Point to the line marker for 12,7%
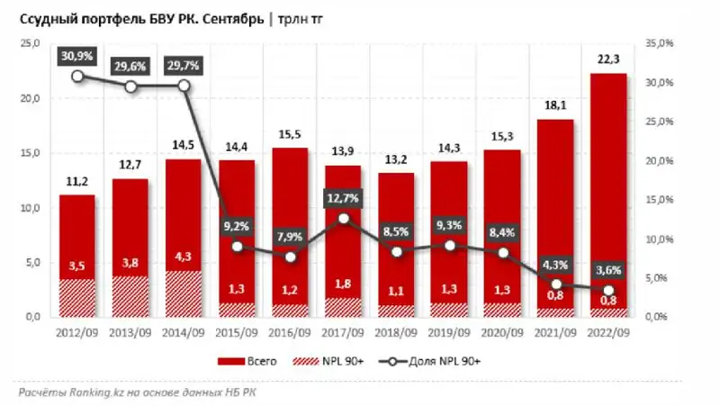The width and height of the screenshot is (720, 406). point(344,218)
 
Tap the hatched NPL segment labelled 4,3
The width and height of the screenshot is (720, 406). point(184,293)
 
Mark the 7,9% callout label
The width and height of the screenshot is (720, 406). point(291,237)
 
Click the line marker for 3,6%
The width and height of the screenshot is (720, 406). point(607,290)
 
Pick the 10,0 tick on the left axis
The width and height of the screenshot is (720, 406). point(31,208)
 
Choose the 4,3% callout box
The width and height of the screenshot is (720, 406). point(555,264)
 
